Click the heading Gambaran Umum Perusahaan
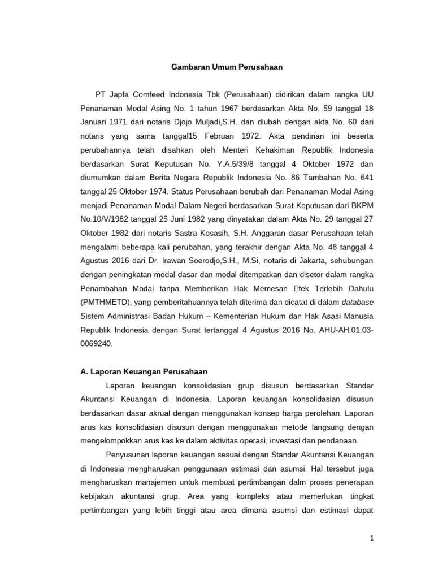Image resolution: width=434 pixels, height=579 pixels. pyautogui.click(x=219, y=67)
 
